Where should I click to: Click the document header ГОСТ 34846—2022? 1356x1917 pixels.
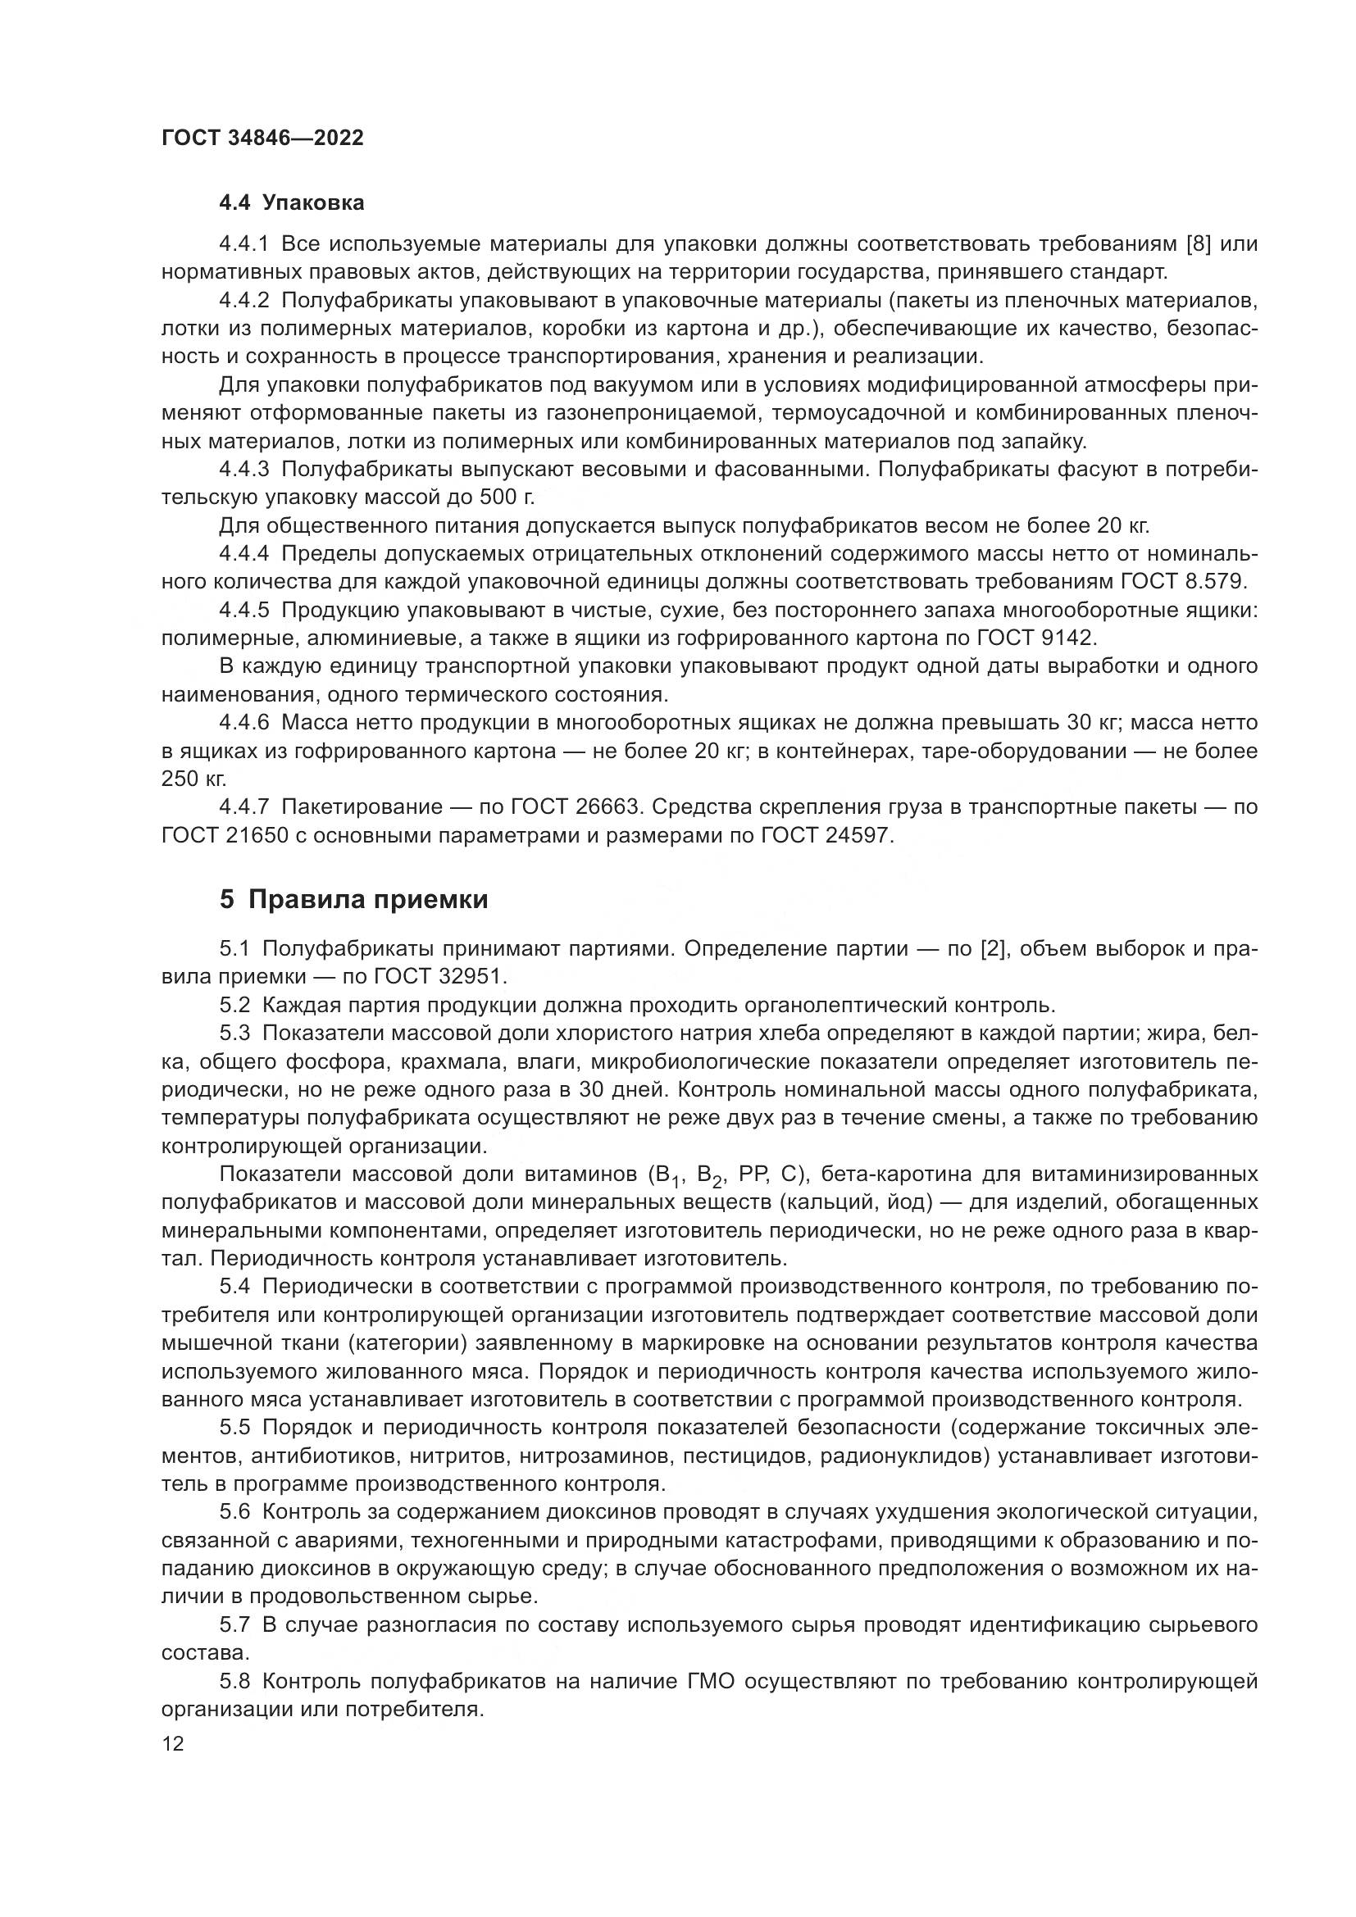pos(262,138)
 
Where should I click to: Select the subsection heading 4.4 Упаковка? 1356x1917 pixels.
pos(291,203)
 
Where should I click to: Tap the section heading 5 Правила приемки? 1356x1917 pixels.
pos(354,899)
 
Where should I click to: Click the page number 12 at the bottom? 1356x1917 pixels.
pos(173,1744)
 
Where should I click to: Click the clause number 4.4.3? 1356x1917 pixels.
pos(243,470)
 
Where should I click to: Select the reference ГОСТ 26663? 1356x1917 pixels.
pos(571,806)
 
